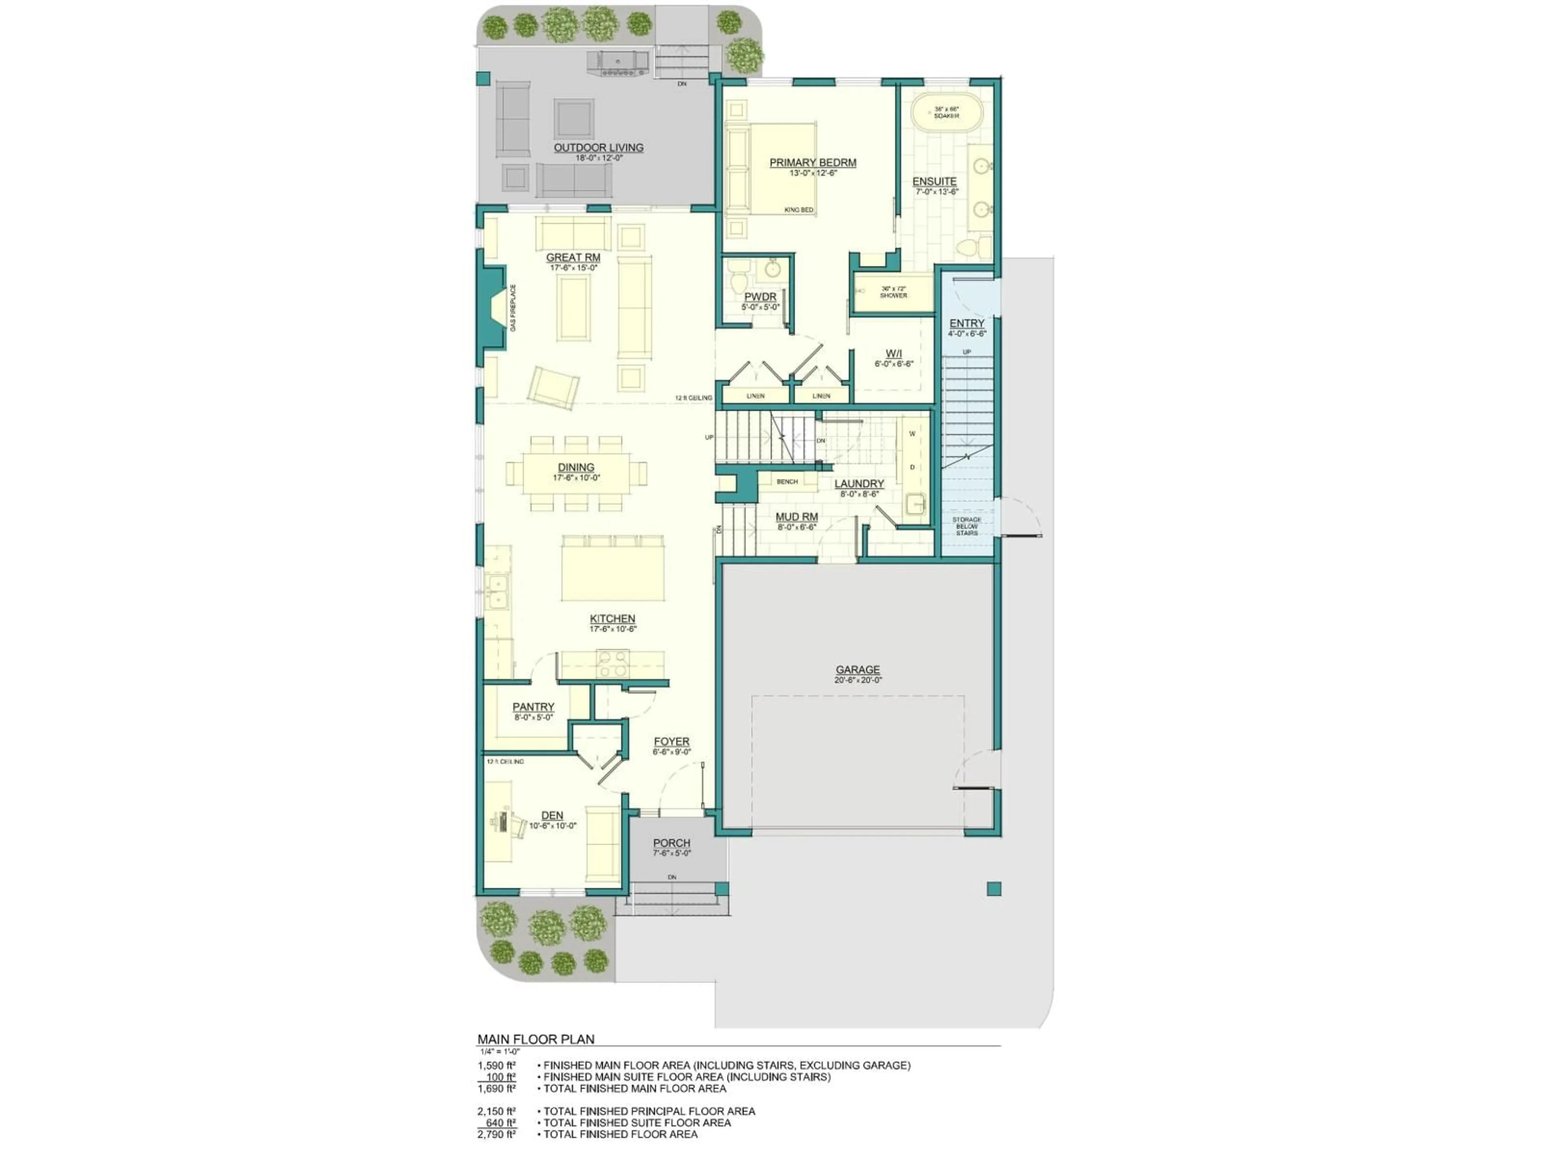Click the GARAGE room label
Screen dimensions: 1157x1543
tap(857, 670)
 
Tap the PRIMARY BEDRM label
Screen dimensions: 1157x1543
tap(812, 162)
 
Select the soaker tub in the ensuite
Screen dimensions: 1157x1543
tap(947, 112)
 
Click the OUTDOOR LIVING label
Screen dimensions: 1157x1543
tap(598, 148)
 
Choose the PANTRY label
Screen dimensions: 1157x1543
tap(534, 707)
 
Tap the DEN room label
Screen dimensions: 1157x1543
tap(553, 815)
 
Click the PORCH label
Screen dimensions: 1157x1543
tap(672, 843)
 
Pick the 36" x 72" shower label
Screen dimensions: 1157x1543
tap(894, 292)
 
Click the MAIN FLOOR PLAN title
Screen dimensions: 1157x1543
tap(536, 1039)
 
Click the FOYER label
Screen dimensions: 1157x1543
tap(672, 742)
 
